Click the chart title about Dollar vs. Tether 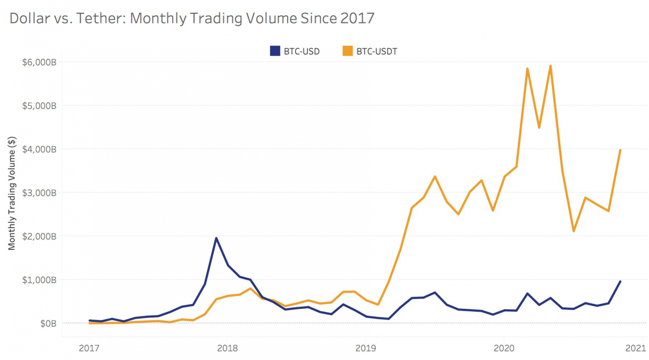tap(192, 18)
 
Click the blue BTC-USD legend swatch tap(275, 51)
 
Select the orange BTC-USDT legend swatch tap(347, 51)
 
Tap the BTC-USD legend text tap(302, 51)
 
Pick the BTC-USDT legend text tap(377, 51)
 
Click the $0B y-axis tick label tap(48, 323)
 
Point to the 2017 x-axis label tap(89, 348)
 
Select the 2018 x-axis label tap(227, 348)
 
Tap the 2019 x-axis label tap(366, 348)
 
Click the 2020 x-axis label tap(503, 348)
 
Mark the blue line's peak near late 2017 tap(216, 238)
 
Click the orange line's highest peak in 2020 tap(550, 66)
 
